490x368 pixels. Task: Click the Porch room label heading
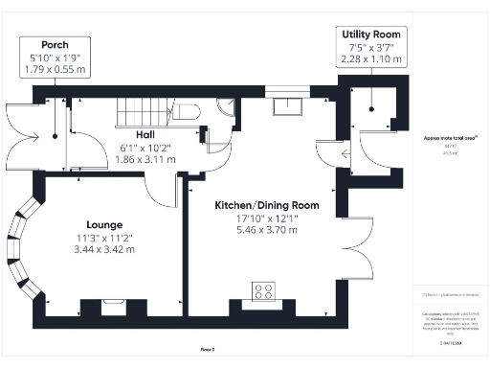click(x=54, y=45)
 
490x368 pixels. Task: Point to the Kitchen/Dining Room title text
click(x=266, y=205)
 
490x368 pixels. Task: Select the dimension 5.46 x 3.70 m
click(x=266, y=232)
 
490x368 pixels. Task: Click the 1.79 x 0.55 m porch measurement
click(x=54, y=70)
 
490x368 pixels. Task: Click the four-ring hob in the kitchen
click(x=263, y=290)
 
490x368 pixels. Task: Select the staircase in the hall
click(x=144, y=114)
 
